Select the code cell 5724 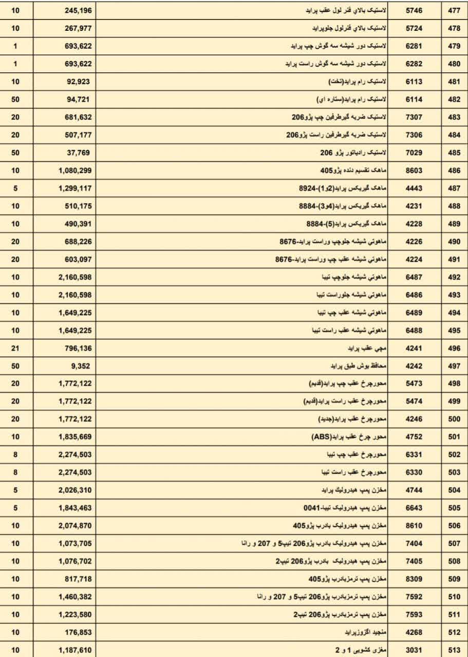coord(414,28)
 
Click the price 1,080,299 coord(75,170)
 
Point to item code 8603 coord(414,170)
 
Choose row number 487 coord(454,188)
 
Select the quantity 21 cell coord(15,349)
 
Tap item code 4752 coord(414,437)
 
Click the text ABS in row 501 coord(322,437)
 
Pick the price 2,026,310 coord(75,491)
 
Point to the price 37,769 coord(80,152)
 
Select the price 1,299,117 coord(75,188)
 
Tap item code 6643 coord(414,509)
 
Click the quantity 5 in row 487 coord(15,188)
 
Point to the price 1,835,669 coord(75,437)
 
